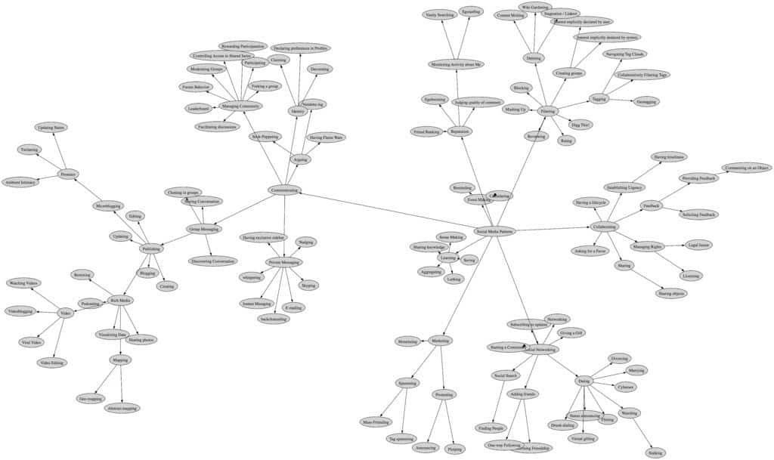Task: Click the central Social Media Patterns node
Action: click(495, 231)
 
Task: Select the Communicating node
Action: click(284, 190)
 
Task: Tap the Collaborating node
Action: click(604, 227)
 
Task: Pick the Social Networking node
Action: click(541, 350)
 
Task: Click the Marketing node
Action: click(441, 341)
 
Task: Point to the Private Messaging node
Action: click(284, 262)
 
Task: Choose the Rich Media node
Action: click(120, 300)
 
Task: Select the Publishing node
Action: click(152, 249)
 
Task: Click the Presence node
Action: click(68, 174)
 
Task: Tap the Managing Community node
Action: click(241, 107)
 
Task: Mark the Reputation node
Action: click(460, 131)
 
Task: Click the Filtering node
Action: click(548, 111)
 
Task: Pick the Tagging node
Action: click(599, 98)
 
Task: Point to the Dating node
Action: click(584, 381)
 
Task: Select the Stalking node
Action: click(656, 452)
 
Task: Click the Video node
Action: click(66, 313)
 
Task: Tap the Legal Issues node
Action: click(698, 245)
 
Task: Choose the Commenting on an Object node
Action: click(746, 168)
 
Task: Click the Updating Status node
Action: click(51, 128)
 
